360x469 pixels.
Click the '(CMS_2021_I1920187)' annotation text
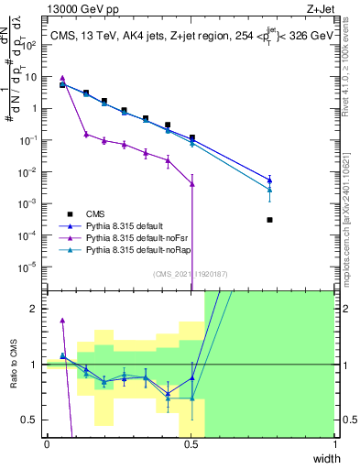190,274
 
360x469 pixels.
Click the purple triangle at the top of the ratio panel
62,321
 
